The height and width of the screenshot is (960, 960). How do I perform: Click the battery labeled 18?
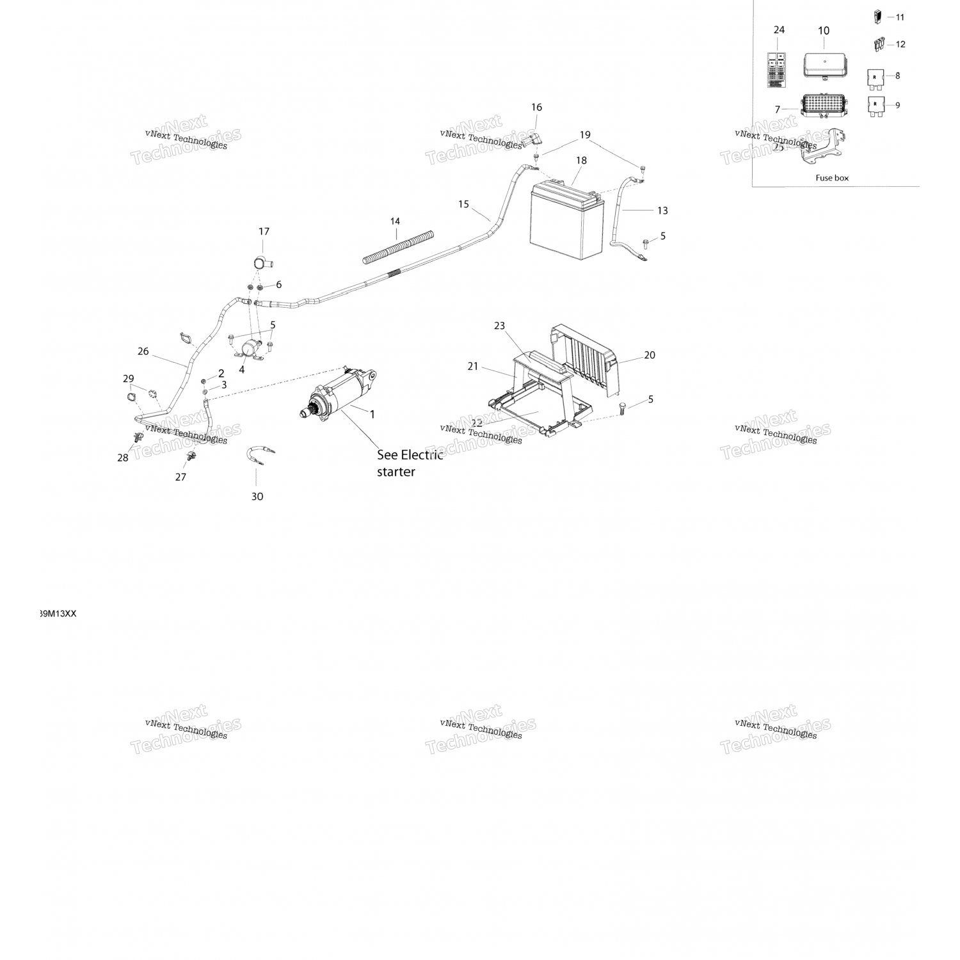[x=566, y=221]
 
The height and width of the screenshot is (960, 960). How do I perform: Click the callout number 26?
[x=143, y=351]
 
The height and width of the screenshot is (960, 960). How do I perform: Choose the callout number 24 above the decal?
[x=779, y=30]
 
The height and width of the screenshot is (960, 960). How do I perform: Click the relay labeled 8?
[x=875, y=77]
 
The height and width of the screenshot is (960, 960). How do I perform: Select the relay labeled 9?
[x=875, y=106]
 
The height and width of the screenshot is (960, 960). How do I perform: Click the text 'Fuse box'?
[x=832, y=178]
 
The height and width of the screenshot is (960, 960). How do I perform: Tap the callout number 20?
[x=650, y=355]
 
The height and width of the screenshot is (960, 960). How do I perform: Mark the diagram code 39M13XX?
[x=58, y=614]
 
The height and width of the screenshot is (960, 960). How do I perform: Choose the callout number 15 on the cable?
[x=463, y=204]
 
